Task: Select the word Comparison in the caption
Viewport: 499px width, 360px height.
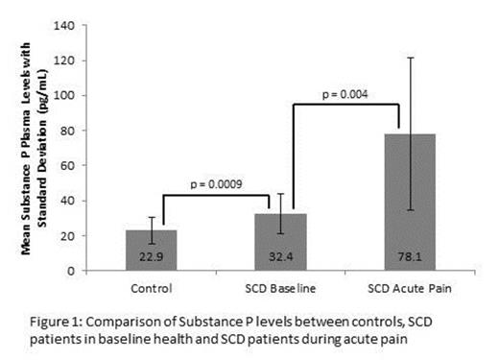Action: click(159, 320)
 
